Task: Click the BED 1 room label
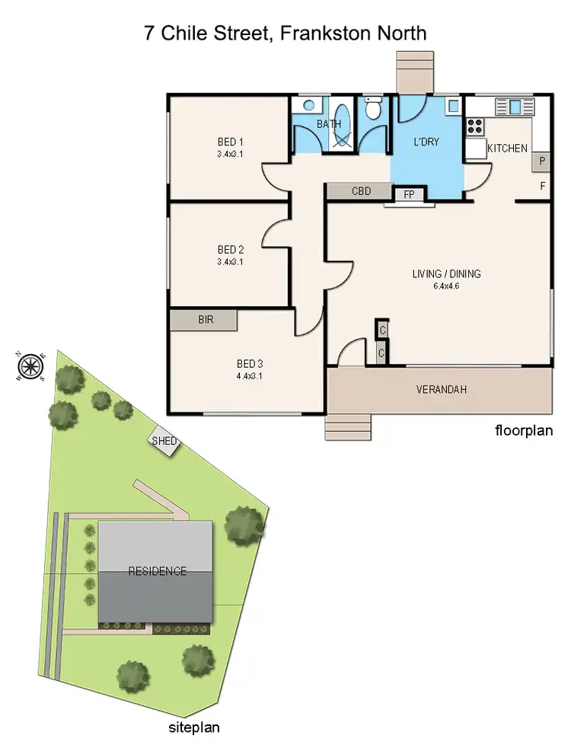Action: tap(229, 142)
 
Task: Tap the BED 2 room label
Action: tap(229, 250)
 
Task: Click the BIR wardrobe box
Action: tap(204, 320)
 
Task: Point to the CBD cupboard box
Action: tap(361, 192)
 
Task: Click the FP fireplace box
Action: tap(409, 195)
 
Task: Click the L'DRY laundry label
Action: tap(426, 142)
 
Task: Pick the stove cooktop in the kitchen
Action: tap(476, 125)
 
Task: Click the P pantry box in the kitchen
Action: tap(542, 161)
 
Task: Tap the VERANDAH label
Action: tap(441, 390)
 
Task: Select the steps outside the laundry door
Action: tap(414, 72)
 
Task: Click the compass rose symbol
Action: tap(30, 366)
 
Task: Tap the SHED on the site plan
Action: tap(164, 442)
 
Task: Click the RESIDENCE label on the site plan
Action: tap(157, 571)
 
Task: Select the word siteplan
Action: tap(193, 727)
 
